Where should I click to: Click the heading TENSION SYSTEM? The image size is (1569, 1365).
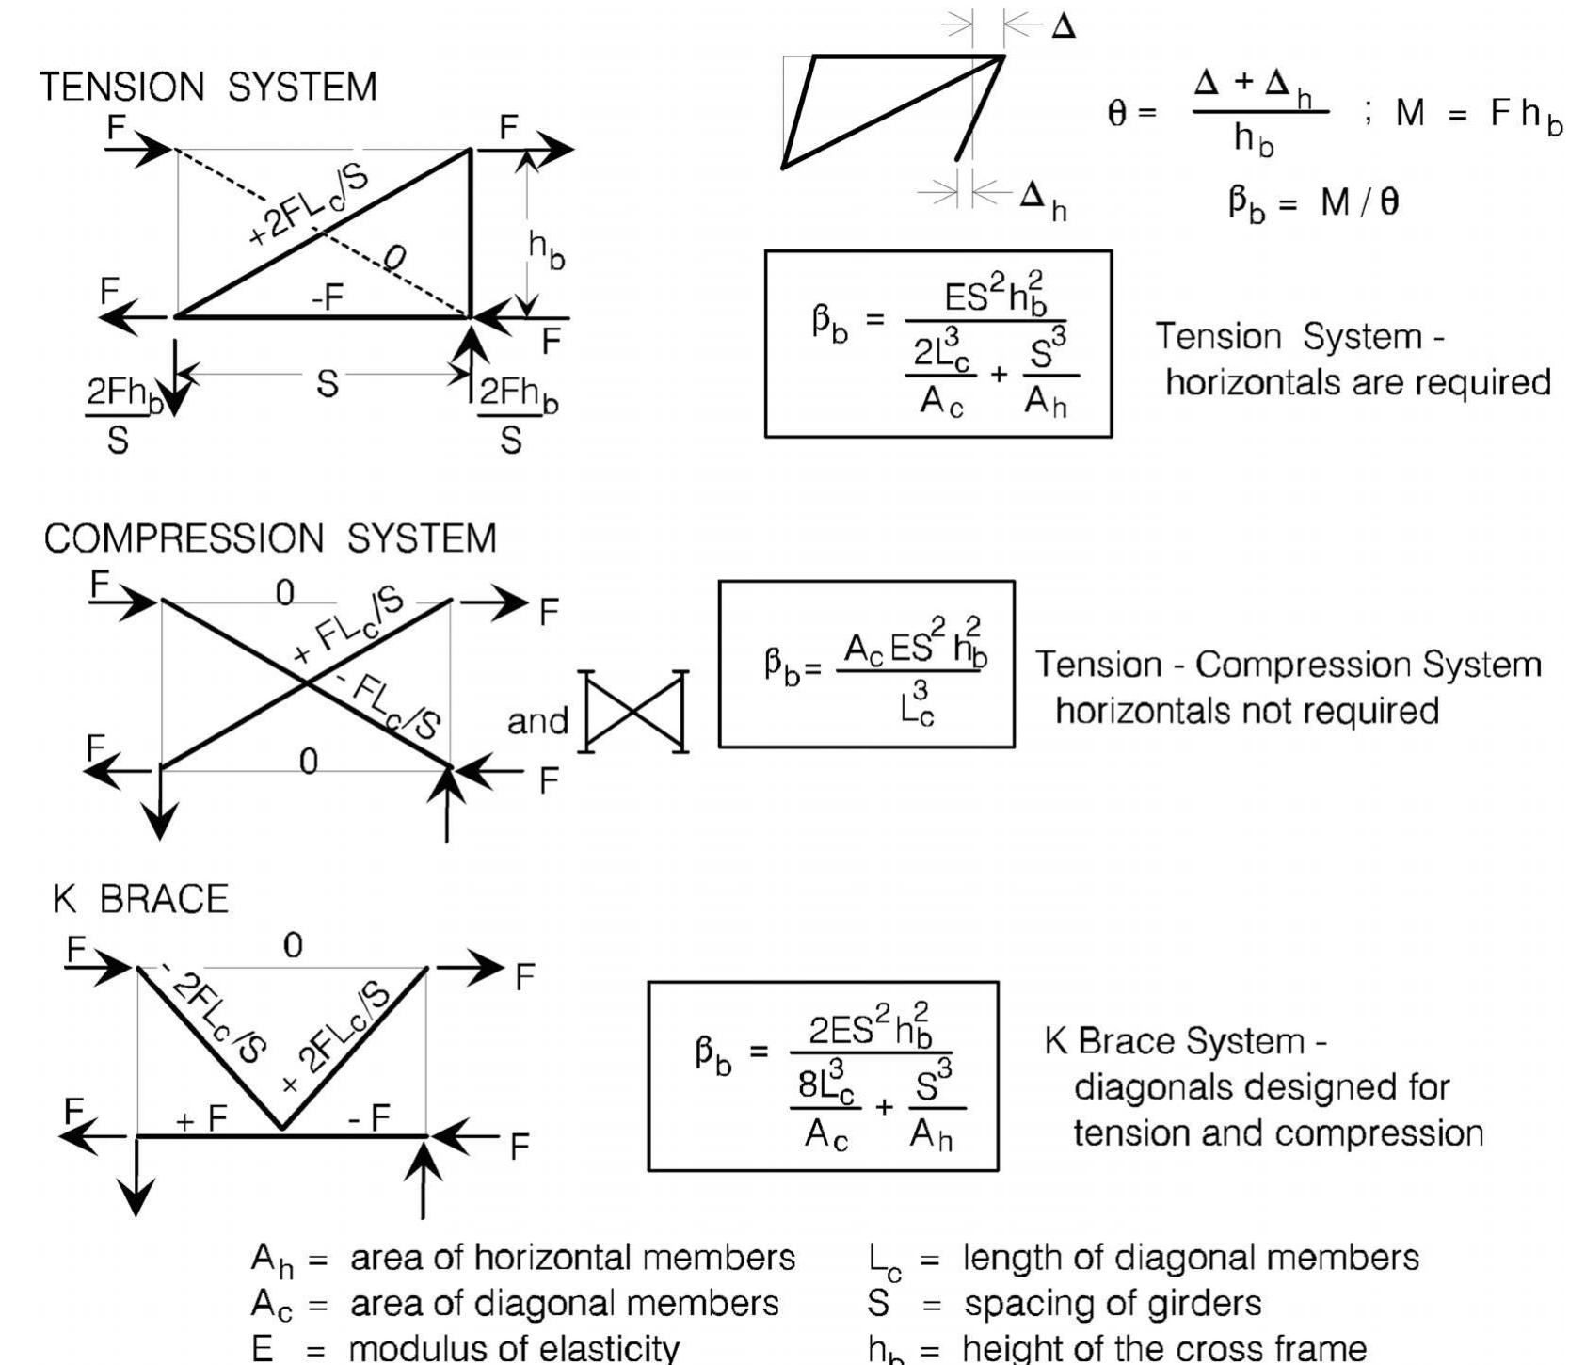208,87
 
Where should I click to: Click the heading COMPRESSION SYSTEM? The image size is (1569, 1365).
270,538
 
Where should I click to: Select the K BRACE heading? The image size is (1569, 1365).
140,899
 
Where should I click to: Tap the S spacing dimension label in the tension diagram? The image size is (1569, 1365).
327,384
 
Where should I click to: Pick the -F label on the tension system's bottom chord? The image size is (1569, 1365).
327,298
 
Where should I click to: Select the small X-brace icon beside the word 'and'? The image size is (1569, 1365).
634,712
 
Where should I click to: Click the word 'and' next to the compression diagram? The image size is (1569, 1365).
537,721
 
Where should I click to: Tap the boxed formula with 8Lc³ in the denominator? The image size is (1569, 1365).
823,1076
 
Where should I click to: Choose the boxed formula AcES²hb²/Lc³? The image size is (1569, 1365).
866,664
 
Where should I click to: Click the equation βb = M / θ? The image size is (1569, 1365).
1313,202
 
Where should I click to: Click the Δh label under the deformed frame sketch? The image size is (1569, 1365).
1043,200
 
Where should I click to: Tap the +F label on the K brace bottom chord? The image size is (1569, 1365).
200,1118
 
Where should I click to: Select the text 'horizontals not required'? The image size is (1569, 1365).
1246,710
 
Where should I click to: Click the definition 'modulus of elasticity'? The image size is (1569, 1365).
514,1348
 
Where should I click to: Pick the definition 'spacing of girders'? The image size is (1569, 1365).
1112,1303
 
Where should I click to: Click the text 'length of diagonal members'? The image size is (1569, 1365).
1190,1257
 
